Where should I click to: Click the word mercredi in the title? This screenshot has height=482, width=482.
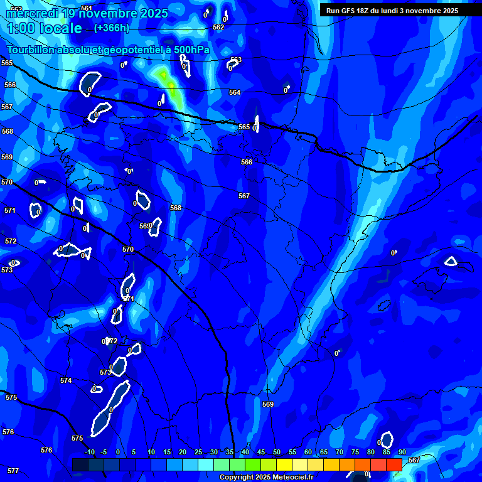31,13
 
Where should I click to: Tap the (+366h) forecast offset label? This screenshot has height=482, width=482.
111,28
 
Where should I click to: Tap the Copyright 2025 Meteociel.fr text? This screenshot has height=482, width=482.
266,478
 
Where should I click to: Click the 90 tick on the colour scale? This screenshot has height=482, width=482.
402,453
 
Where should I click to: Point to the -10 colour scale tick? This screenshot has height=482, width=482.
89,453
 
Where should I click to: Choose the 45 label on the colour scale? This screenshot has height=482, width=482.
260,453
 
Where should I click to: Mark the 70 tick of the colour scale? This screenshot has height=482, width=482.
339,453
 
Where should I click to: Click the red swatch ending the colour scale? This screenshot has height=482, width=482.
394,464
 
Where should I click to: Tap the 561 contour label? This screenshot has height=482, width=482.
87,8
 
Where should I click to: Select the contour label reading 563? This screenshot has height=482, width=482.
236,60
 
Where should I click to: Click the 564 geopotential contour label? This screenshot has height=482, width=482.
235,92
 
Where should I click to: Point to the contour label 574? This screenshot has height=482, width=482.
66,380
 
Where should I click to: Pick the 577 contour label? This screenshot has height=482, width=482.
13,471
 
